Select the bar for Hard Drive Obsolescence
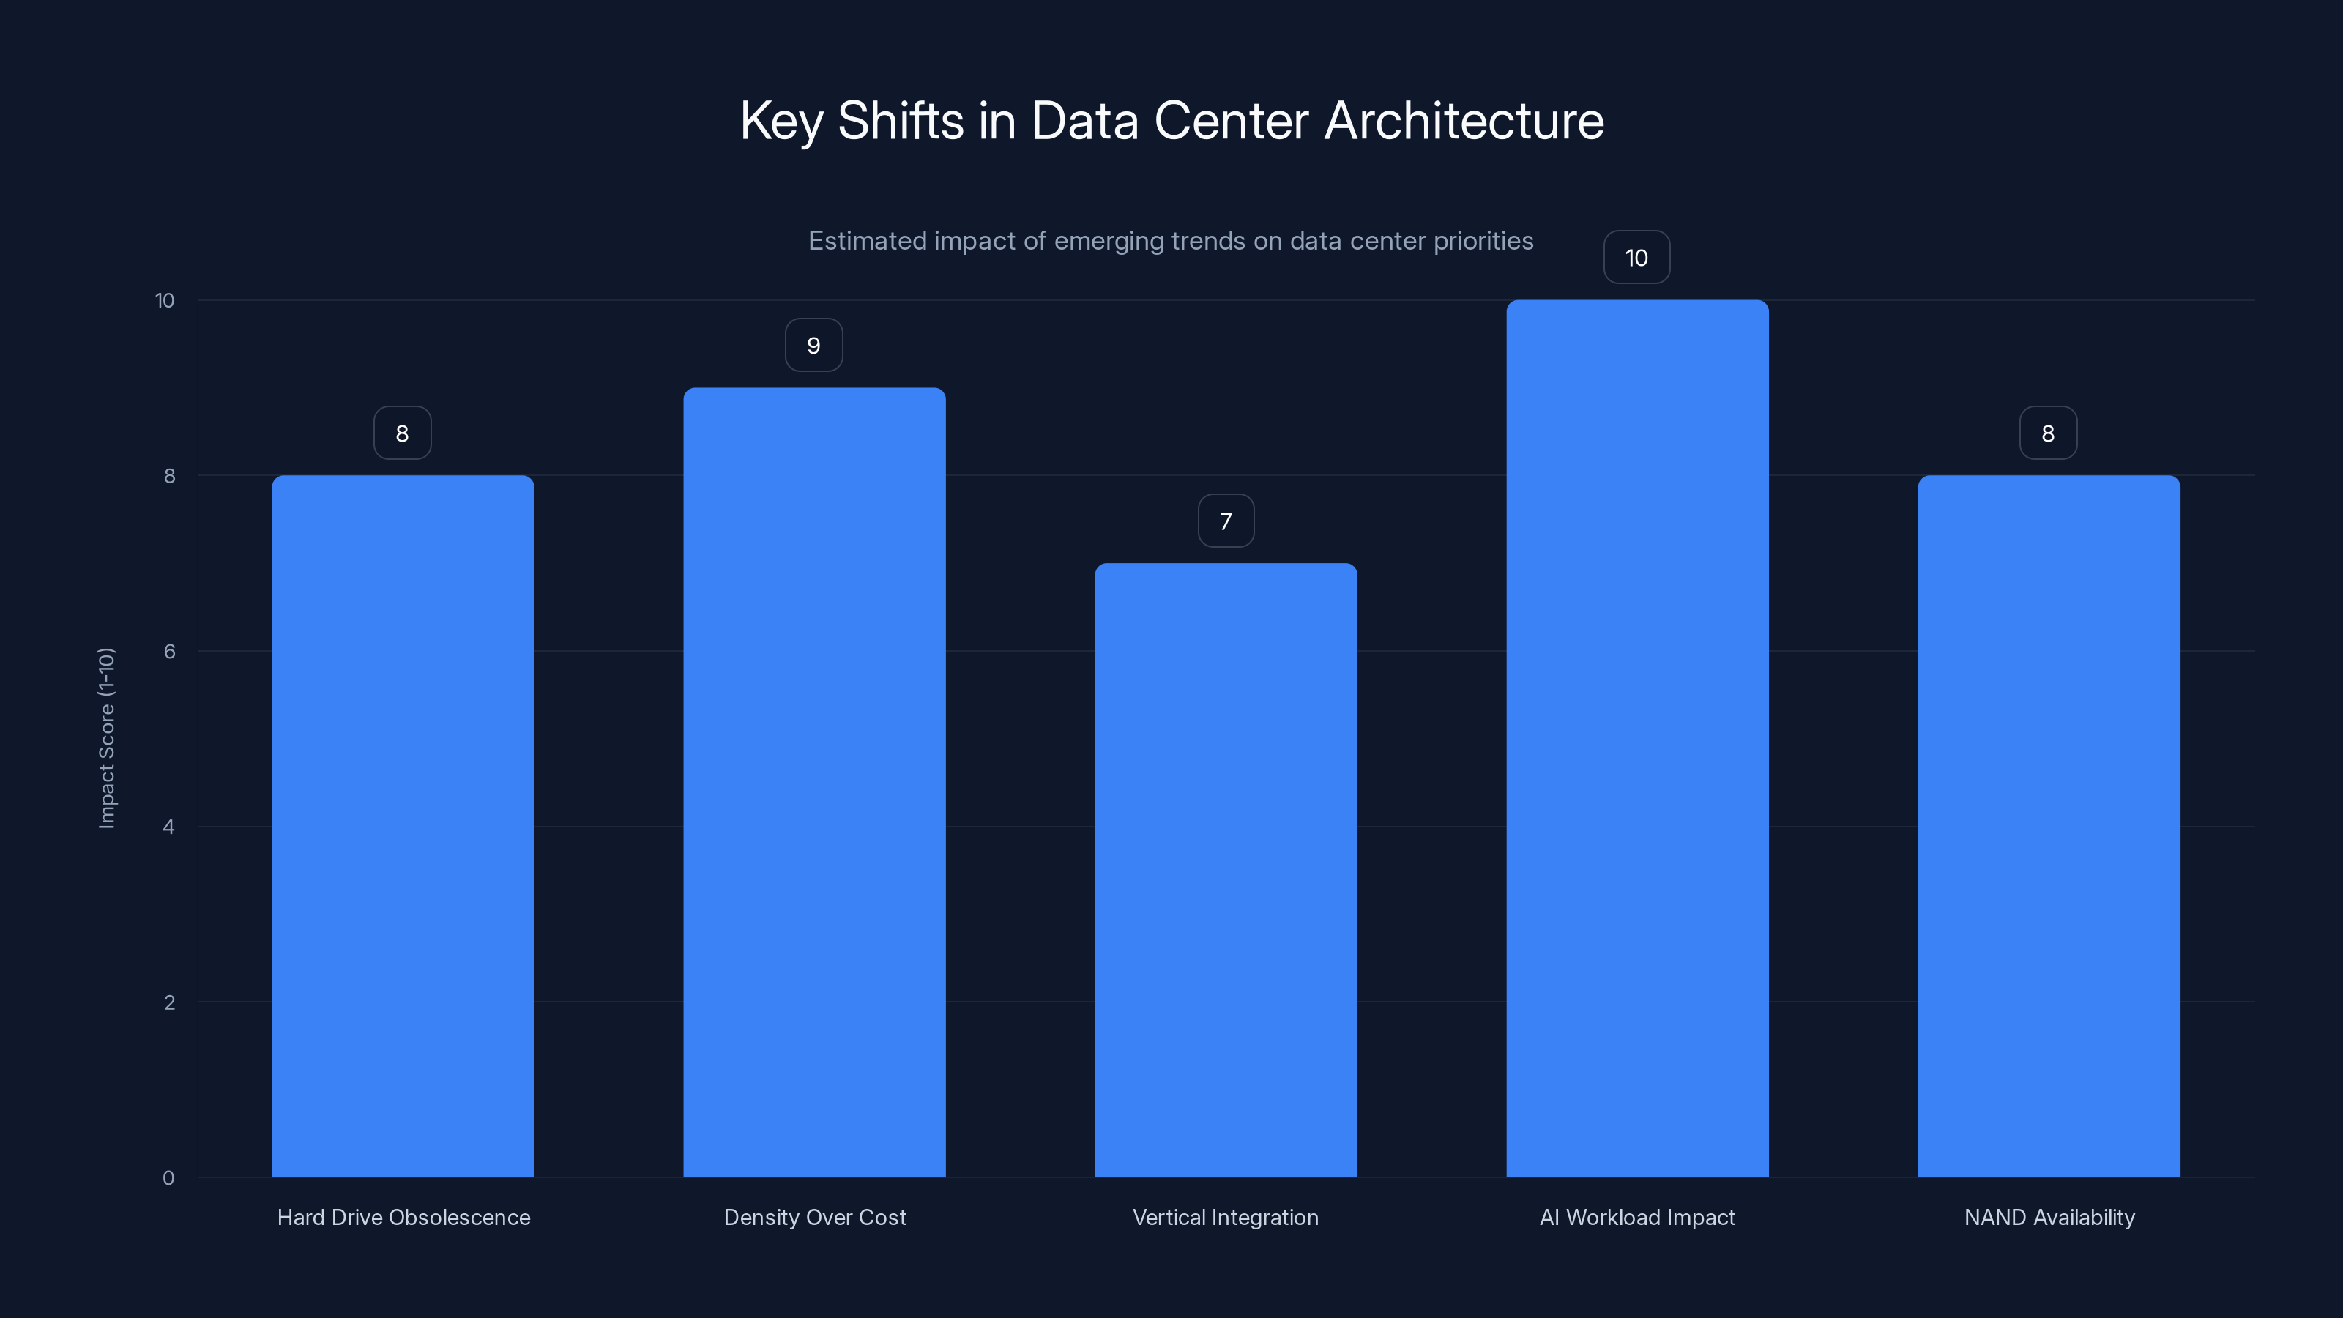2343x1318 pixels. (403, 826)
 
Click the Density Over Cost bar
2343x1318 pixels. (814, 782)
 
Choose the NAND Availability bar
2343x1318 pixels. (2049, 826)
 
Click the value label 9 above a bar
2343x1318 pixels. (814, 346)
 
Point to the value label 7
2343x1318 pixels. (1225, 521)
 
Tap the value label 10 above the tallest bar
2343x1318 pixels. (1636, 258)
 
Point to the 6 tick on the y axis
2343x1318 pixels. (169, 651)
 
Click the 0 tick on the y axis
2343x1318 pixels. (168, 1178)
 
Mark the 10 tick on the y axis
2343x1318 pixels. (165, 301)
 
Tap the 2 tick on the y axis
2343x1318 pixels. (169, 1002)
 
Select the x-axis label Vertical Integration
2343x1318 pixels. (1225, 1217)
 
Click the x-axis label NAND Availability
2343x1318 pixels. (2049, 1217)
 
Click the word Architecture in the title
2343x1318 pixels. (1464, 121)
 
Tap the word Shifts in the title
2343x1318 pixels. (900, 121)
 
